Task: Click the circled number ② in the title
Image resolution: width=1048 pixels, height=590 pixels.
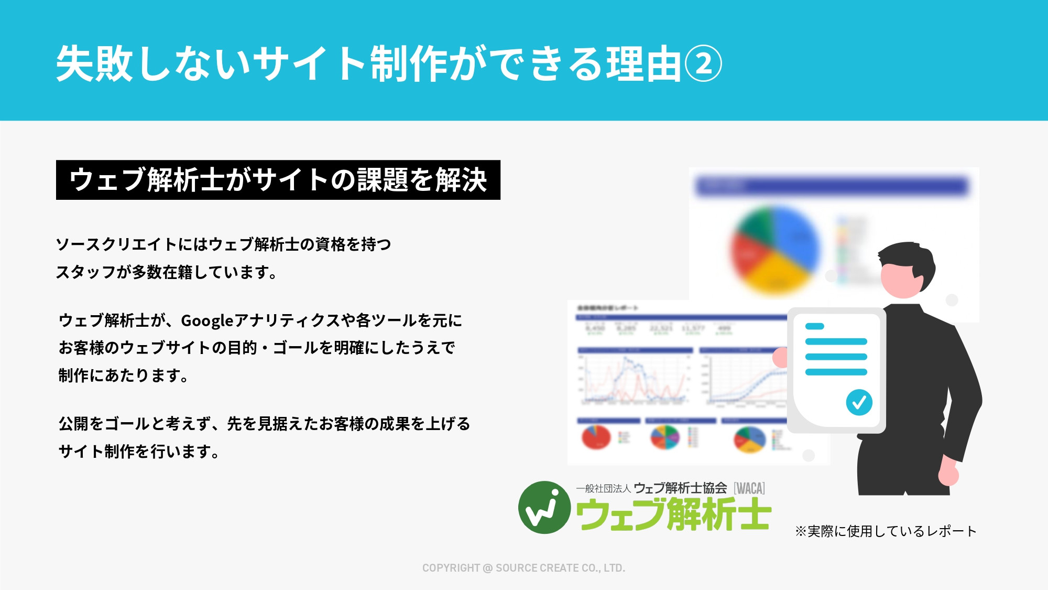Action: tap(703, 63)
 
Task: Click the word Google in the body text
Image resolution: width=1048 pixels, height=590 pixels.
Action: tap(207, 320)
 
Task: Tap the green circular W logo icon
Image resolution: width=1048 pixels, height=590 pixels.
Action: tap(544, 507)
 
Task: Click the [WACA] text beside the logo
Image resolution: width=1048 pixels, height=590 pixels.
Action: tap(749, 488)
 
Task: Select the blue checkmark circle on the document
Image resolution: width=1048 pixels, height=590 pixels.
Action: tap(859, 402)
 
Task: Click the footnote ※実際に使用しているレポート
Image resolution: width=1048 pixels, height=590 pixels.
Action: tap(886, 531)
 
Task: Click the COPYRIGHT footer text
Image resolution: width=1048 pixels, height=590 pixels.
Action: tap(523, 568)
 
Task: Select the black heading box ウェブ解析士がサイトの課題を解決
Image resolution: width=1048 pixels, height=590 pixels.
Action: tap(278, 180)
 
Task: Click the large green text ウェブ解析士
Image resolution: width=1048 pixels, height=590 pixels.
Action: tap(673, 514)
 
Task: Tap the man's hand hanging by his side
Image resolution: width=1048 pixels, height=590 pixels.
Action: tap(948, 475)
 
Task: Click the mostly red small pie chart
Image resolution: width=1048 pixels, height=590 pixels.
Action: tap(596, 437)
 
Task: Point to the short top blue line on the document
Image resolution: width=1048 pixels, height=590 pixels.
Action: tap(814, 326)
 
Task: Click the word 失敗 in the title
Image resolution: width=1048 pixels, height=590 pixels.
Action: tap(94, 63)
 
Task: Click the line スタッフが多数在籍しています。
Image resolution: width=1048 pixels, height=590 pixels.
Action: tap(167, 272)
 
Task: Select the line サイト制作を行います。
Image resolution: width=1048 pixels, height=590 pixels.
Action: tap(139, 451)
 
